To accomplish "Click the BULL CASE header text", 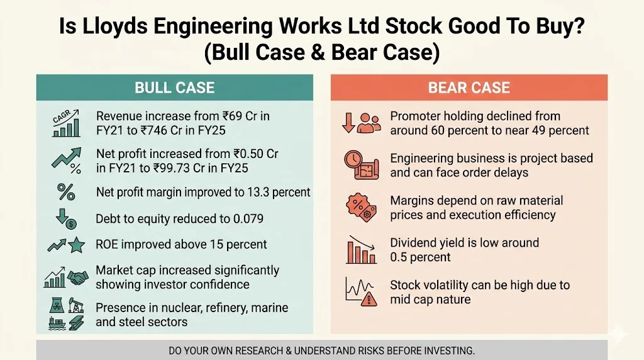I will pos(174,87).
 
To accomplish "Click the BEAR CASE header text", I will pos(469,87).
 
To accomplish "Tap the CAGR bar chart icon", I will pos(65,123).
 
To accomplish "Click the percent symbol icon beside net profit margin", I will pos(65,192).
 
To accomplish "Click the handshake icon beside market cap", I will pos(79,278).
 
